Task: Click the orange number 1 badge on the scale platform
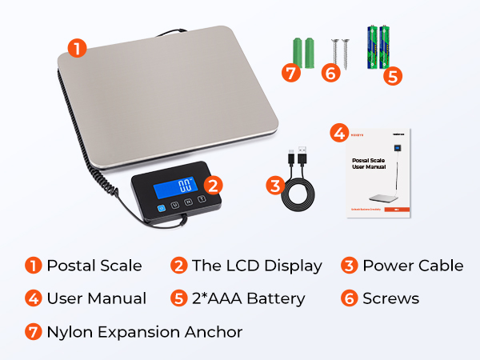click(x=77, y=50)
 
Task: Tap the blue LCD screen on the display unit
click(x=186, y=186)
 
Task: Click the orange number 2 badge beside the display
click(x=212, y=186)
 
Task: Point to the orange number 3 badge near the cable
click(x=274, y=186)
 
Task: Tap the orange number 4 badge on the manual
click(x=338, y=133)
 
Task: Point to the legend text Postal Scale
click(x=94, y=266)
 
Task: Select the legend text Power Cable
click(x=413, y=266)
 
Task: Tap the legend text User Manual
click(x=96, y=298)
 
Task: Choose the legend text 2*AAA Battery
click(x=254, y=298)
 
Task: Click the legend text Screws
click(x=390, y=298)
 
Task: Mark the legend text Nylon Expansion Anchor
click(x=144, y=331)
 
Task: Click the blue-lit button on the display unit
click(x=161, y=207)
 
